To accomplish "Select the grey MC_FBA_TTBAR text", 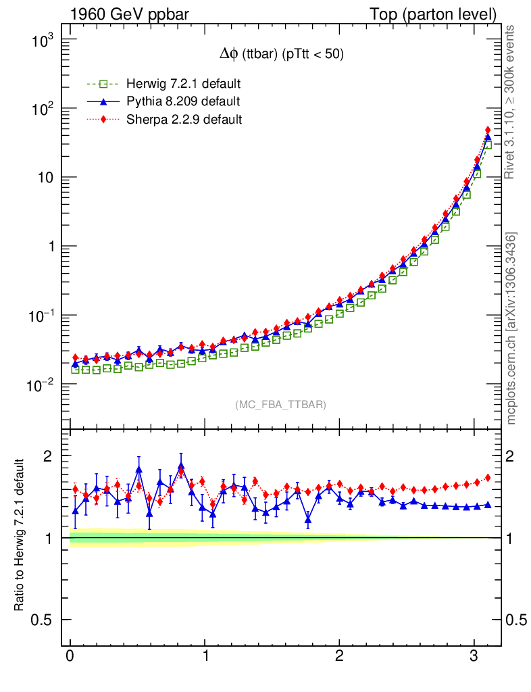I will [280, 405].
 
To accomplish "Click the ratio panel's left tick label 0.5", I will [43, 620].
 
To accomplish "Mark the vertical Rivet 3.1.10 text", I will [511, 101].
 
